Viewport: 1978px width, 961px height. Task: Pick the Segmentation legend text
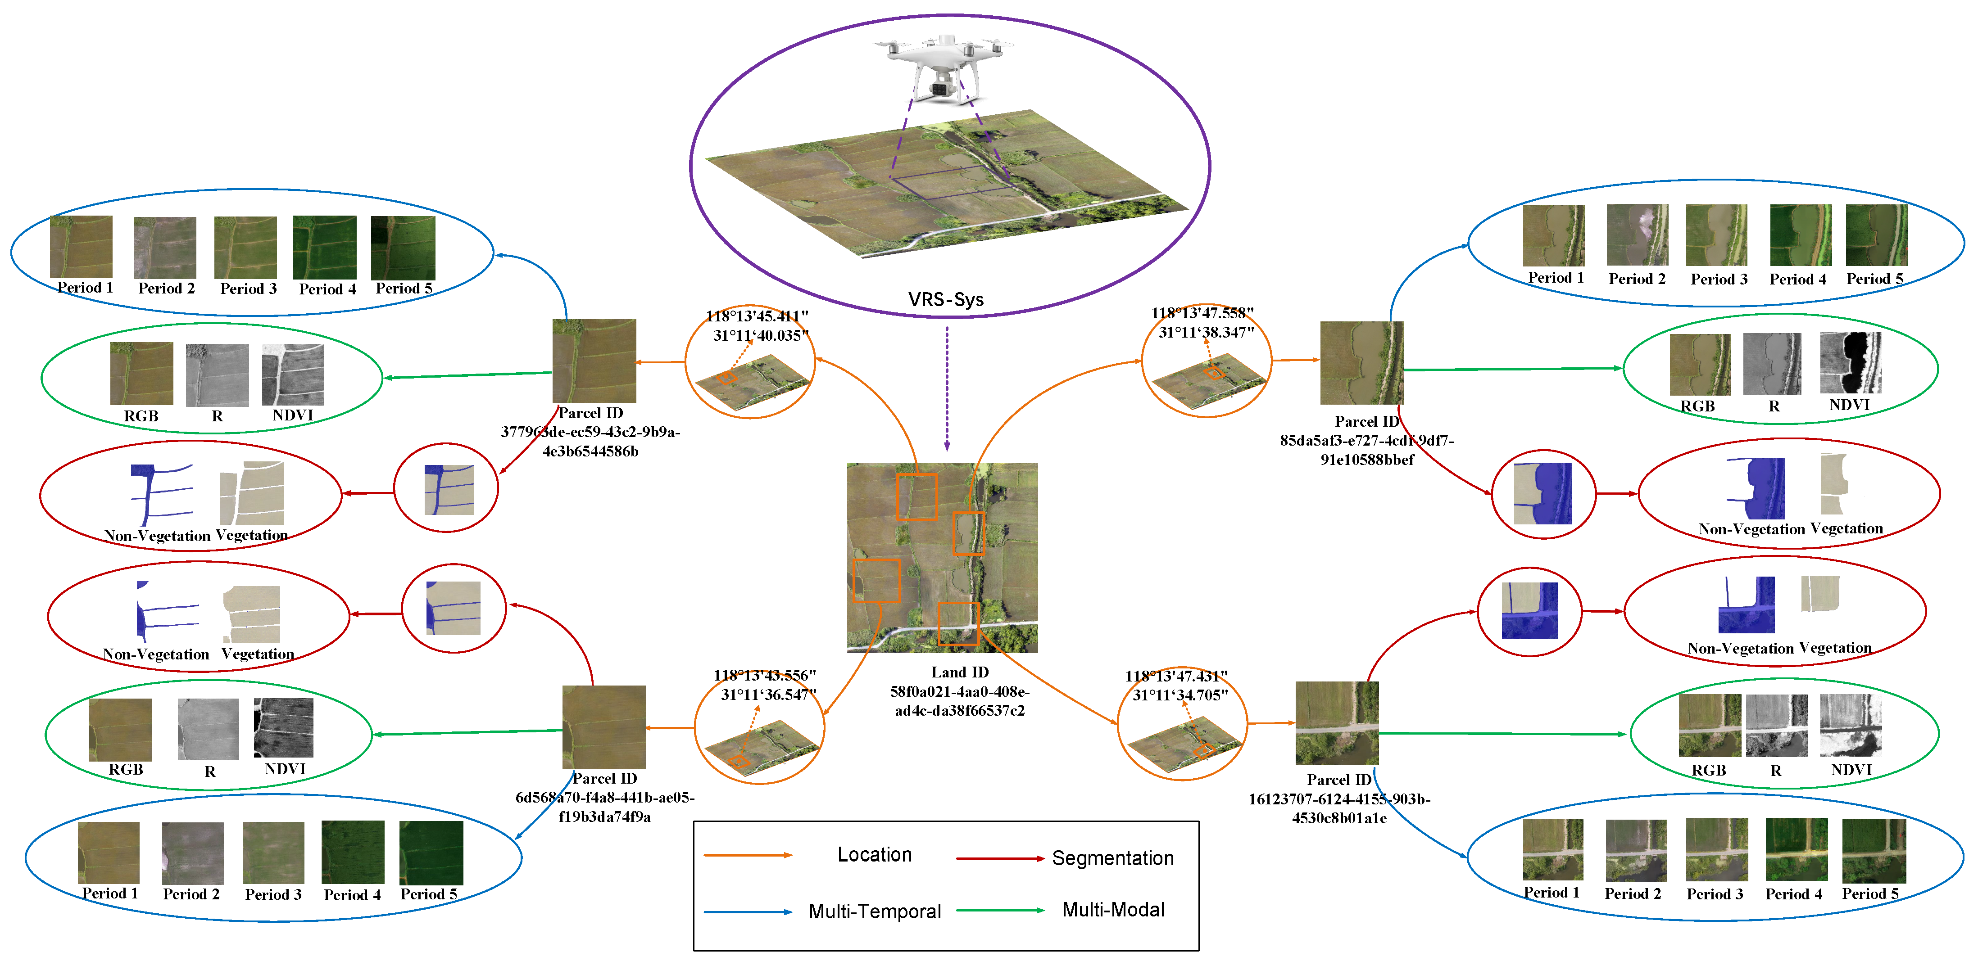point(1112,857)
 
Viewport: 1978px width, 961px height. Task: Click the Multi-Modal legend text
point(1112,910)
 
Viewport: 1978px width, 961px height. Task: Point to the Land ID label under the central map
point(959,672)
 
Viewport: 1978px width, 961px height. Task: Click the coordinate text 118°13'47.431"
point(1175,676)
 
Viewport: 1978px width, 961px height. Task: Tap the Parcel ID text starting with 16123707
point(1338,799)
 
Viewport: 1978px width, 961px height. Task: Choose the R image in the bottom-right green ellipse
point(1776,725)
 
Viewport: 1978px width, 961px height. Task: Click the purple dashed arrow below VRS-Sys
point(947,388)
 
